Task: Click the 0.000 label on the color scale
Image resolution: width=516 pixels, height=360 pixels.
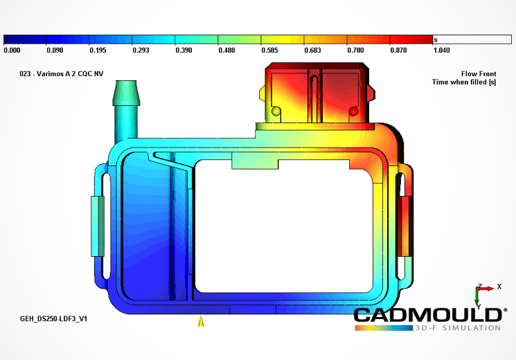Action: click(x=12, y=50)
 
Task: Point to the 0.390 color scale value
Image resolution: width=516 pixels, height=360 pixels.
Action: click(x=184, y=50)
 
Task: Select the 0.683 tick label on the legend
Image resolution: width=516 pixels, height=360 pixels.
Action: click(x=312, y=50)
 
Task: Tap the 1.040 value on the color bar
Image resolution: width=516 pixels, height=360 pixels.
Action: click(x=442, y=50)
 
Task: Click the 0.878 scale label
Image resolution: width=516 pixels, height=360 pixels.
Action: click(x=398, y=50)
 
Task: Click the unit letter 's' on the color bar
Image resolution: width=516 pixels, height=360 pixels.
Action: click(x=436, y=40)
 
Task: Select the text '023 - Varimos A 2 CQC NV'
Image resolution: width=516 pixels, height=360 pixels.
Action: click(x=62, y=73)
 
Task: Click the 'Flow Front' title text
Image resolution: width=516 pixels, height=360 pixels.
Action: click(x=479, y=73)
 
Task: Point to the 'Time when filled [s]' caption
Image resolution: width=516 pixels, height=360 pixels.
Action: click(x=464, y=82)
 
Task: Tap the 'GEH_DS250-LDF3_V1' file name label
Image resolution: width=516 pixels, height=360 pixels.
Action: click(x=53, y=318)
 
